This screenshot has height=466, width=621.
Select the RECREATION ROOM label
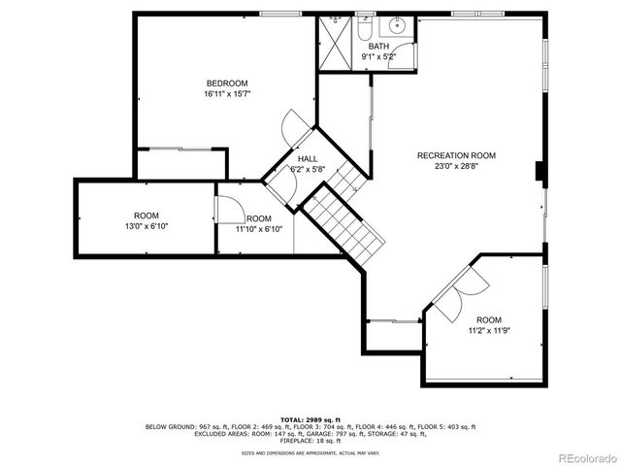456,155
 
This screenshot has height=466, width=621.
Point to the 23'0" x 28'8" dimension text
456,166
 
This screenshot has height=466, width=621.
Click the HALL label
307,159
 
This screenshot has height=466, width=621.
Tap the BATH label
377,47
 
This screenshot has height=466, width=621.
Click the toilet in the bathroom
361,29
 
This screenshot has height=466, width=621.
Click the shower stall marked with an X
335,40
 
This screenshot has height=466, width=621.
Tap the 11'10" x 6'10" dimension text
258,229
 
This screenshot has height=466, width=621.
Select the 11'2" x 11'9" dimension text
488,330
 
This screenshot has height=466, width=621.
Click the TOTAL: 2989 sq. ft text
310,417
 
